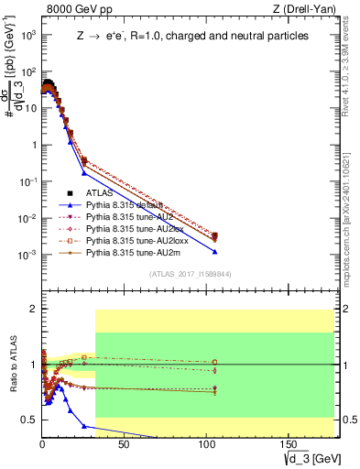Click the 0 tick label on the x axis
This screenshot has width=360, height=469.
click(42, 443)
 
